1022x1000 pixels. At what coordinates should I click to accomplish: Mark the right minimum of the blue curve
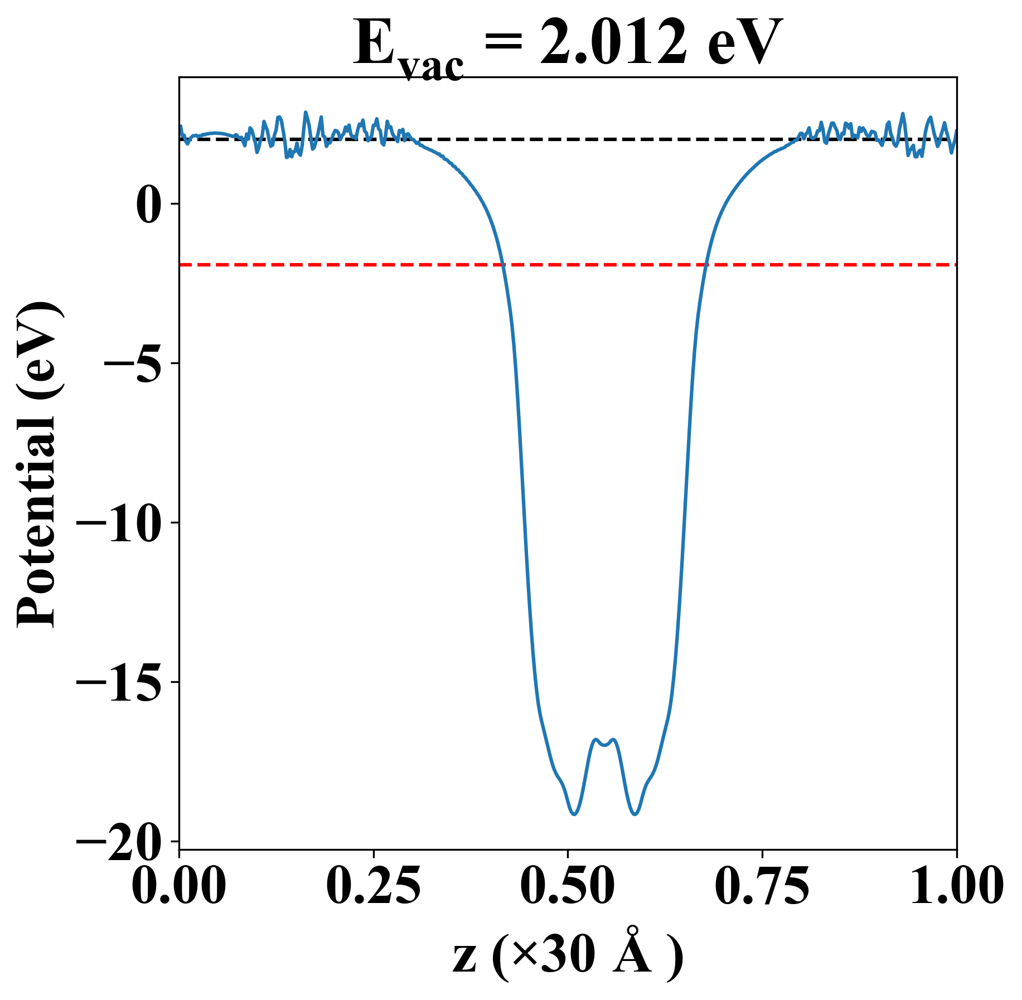pos(634,814)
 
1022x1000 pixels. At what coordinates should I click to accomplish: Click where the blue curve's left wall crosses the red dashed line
pos(503,265)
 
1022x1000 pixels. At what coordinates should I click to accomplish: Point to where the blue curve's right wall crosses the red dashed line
pos(706,265)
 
